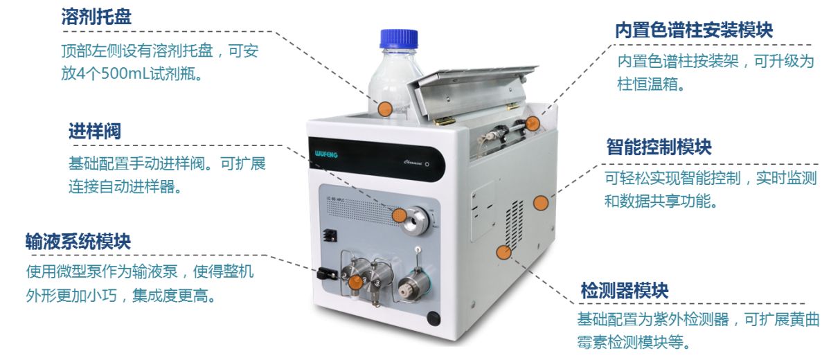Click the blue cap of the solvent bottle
(x=399, y=39)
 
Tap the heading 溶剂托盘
(x=96, y=17)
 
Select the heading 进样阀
(x=95, y=132)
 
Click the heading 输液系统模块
(x=78, y=242)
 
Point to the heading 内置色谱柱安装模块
(x=694, y=30)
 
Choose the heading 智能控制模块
(x=659, y=147)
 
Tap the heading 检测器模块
(x=625, y=290)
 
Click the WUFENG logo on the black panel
(x=326, y=154)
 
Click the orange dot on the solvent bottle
(x=385, y=109)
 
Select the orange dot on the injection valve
(x=400, y=215)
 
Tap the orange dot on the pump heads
(x=355, y=282)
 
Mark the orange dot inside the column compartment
(x=533, y=123)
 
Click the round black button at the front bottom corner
(x=434, y=318)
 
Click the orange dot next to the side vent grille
(x=503, y=253)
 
